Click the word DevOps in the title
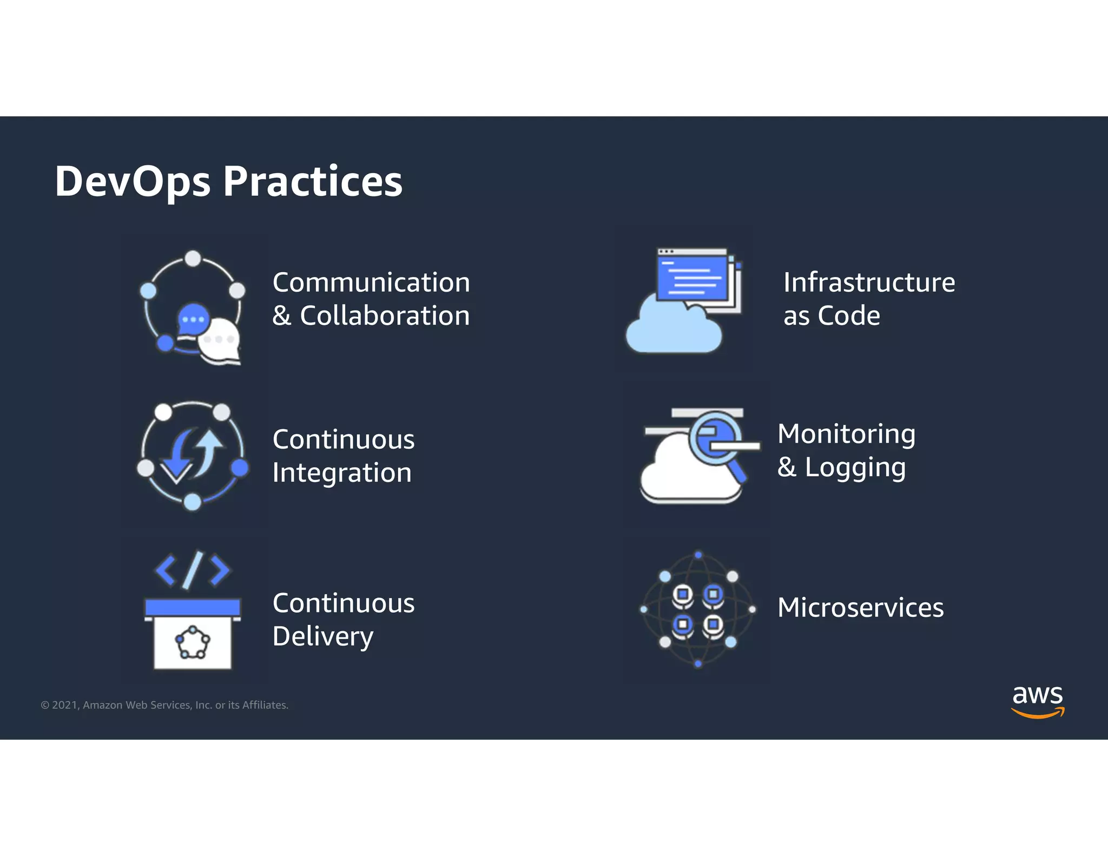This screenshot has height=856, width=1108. pos(133,182)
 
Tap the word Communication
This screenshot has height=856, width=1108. pos(371,282)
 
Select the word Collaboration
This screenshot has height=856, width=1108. pos(385,316)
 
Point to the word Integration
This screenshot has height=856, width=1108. pos(342,473)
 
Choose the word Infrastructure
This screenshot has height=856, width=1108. pos(869,282)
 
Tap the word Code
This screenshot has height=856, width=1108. pos(849,316)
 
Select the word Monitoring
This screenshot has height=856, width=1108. pos(846,434)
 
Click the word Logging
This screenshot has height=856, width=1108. pos(855,468)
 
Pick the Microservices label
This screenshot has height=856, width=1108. pos(860,608)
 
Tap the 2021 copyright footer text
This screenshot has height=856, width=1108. pos(164,705)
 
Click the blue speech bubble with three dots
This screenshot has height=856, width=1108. pos(193,319)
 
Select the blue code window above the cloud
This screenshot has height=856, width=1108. pos(692,278)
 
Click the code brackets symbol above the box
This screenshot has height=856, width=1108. pos(192,570)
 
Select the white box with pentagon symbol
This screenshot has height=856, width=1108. pos(193,644)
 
